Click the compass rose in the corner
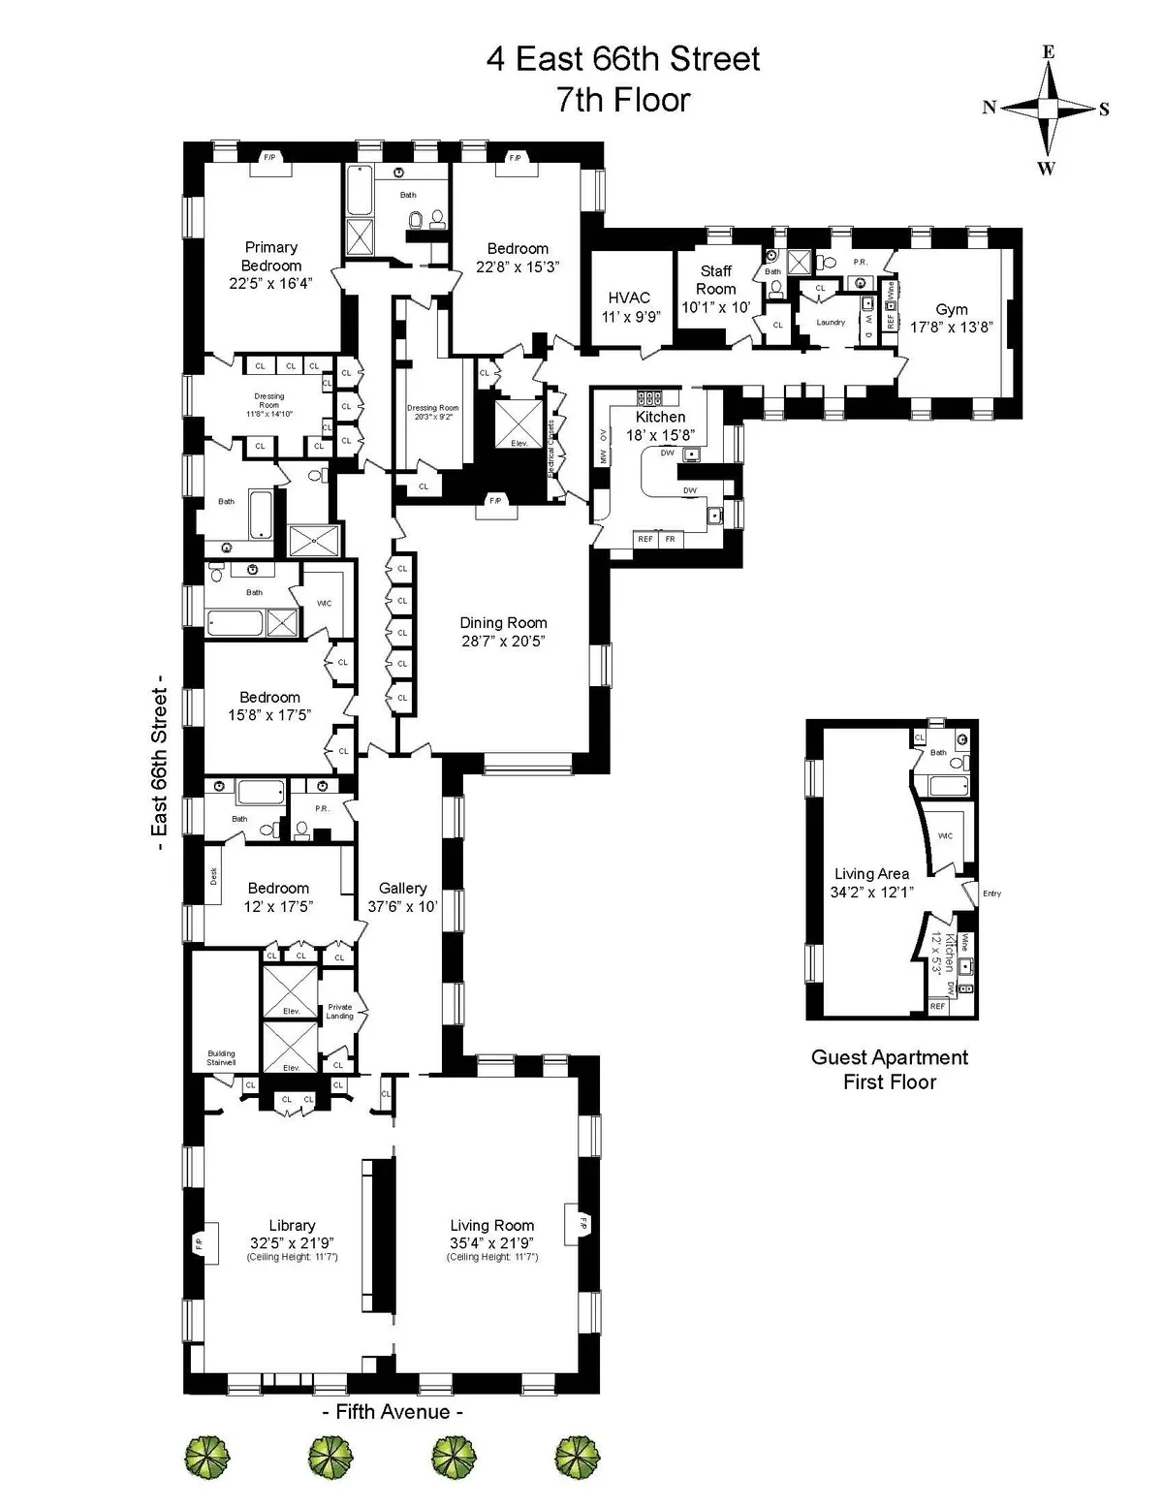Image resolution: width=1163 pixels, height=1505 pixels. (1047, 110)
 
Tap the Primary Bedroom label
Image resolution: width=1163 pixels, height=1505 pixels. (271, 257)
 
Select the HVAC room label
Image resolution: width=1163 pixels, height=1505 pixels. (629, 298)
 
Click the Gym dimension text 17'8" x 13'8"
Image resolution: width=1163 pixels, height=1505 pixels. (951, 328)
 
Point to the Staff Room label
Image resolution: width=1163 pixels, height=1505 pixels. (716, 280)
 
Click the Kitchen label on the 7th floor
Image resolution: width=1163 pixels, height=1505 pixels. (660, 417)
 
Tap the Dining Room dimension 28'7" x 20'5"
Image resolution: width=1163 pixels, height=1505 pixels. (503, 642)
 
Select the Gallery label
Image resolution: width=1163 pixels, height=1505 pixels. (402, 888)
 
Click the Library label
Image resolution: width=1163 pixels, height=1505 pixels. (292, 1225)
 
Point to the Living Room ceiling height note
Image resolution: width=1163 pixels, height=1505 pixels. (492, 1257)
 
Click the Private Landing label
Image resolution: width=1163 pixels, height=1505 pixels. (340, 1011)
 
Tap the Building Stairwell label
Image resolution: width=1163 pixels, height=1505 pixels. (221, 1058)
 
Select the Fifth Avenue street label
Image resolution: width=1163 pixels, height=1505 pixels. (392, 1412)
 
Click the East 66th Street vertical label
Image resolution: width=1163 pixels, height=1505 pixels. (159, 768)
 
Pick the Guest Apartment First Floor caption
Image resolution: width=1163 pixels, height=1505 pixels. (889, 1070)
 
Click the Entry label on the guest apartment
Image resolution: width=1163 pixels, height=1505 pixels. (991, 894)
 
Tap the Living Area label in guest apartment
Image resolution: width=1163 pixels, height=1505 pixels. (871, 874)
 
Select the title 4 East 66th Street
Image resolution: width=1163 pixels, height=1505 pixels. (623, 60)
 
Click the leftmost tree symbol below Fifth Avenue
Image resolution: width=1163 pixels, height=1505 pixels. (207, 1457)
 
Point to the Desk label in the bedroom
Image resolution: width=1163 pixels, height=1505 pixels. (214, 875)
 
